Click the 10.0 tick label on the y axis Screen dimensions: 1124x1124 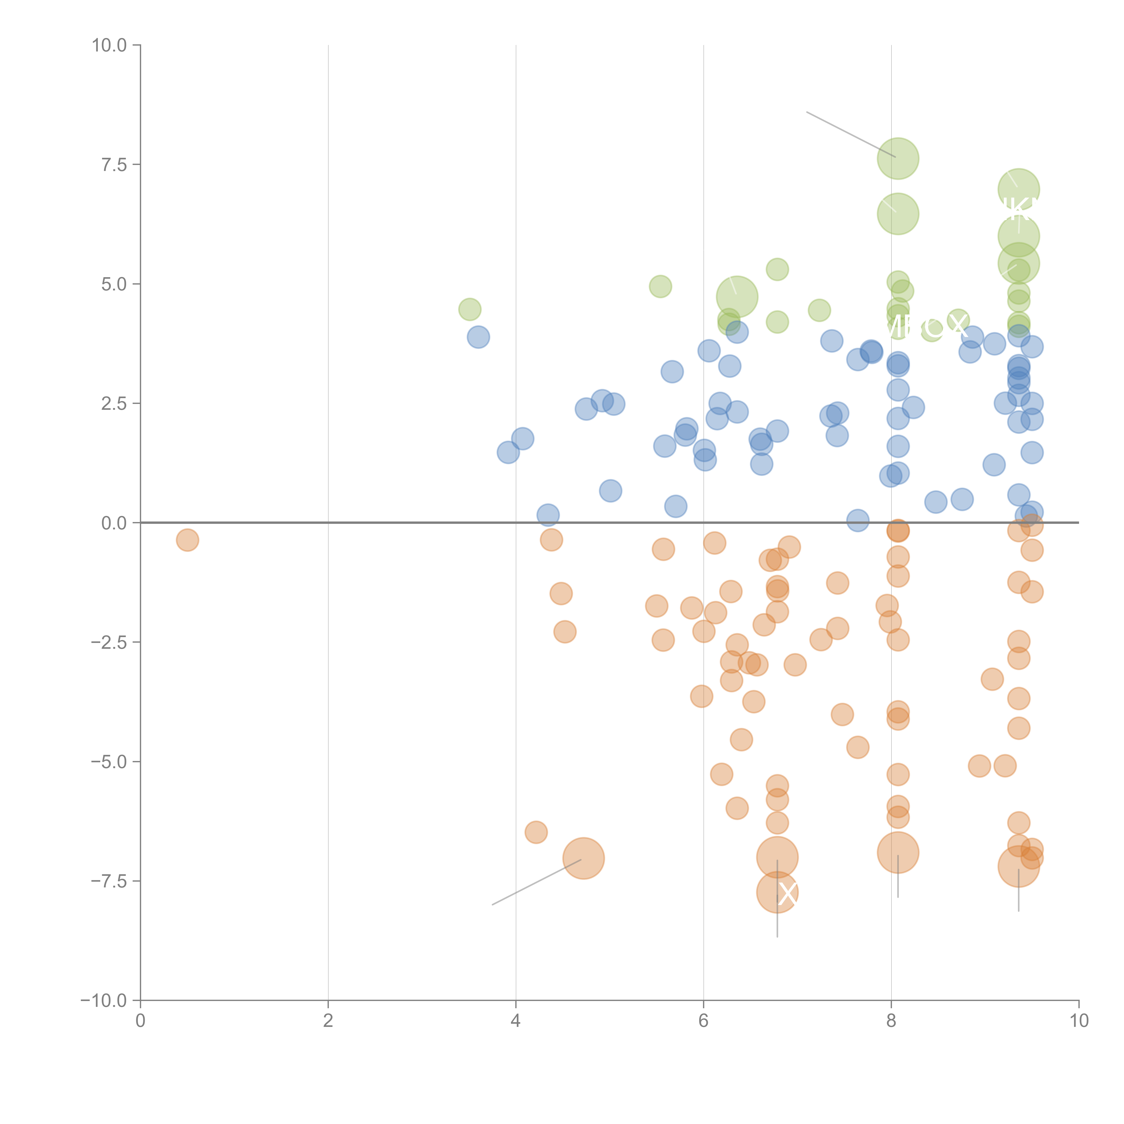coord(109,45)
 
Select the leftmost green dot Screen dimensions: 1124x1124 coord(470,310)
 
